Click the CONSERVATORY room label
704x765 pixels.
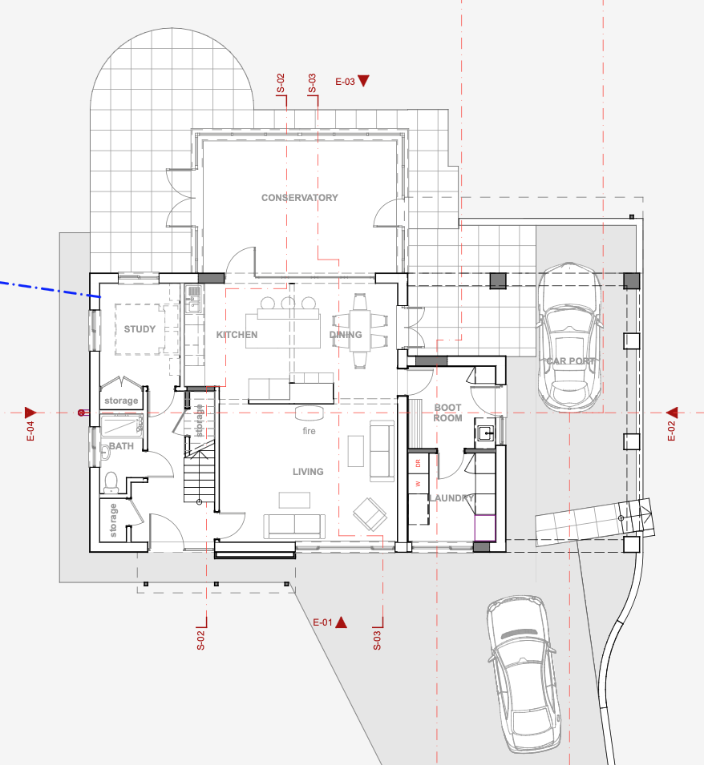point(299,198)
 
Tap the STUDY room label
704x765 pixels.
point(140,329)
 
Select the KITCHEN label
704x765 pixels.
point(237,335)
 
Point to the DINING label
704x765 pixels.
point(346,335)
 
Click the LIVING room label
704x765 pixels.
point(308,472)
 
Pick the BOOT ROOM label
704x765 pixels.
point(447,413)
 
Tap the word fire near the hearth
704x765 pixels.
point(309,431)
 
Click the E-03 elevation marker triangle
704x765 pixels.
point(364,80)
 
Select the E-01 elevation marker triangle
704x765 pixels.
point(342,622)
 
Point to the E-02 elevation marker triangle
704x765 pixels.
point(672,413)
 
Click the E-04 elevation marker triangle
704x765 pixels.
point(30,413)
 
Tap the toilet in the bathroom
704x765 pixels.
point(111,482)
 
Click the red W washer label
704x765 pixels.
point(418,484)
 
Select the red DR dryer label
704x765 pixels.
point(418,464)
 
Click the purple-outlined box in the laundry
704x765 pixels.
point(485,529)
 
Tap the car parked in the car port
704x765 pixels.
point(569,337)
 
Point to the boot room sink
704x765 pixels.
point(485,433)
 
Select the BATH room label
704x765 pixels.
point(121,446)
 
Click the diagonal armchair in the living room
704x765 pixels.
point(370,513)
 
